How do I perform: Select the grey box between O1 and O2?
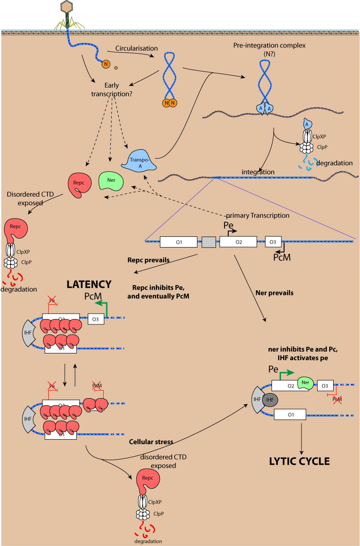point(209,242)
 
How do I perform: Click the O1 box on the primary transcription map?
point(179,242)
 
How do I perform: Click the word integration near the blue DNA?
point(258,172)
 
